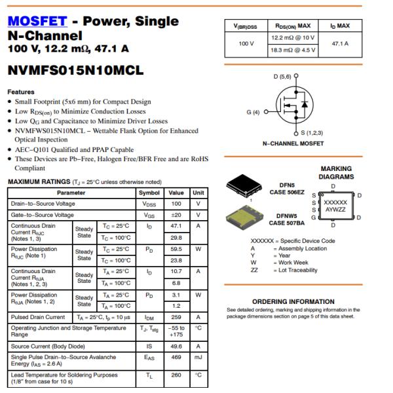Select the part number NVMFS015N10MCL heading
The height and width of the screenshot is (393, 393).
(75, 70)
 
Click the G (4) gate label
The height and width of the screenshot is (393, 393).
(253, 112)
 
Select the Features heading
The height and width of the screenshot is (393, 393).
(21, 92)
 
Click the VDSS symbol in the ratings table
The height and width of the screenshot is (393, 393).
(149, 204)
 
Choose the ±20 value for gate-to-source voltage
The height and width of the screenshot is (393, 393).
(176, 215)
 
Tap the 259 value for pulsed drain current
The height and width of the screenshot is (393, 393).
(176, 317)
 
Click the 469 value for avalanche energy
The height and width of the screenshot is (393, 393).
(176, 357)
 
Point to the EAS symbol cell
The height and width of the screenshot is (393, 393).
(149, 357)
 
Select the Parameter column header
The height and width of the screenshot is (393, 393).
(70, 193)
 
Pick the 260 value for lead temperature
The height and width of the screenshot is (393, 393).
(176, 377)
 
